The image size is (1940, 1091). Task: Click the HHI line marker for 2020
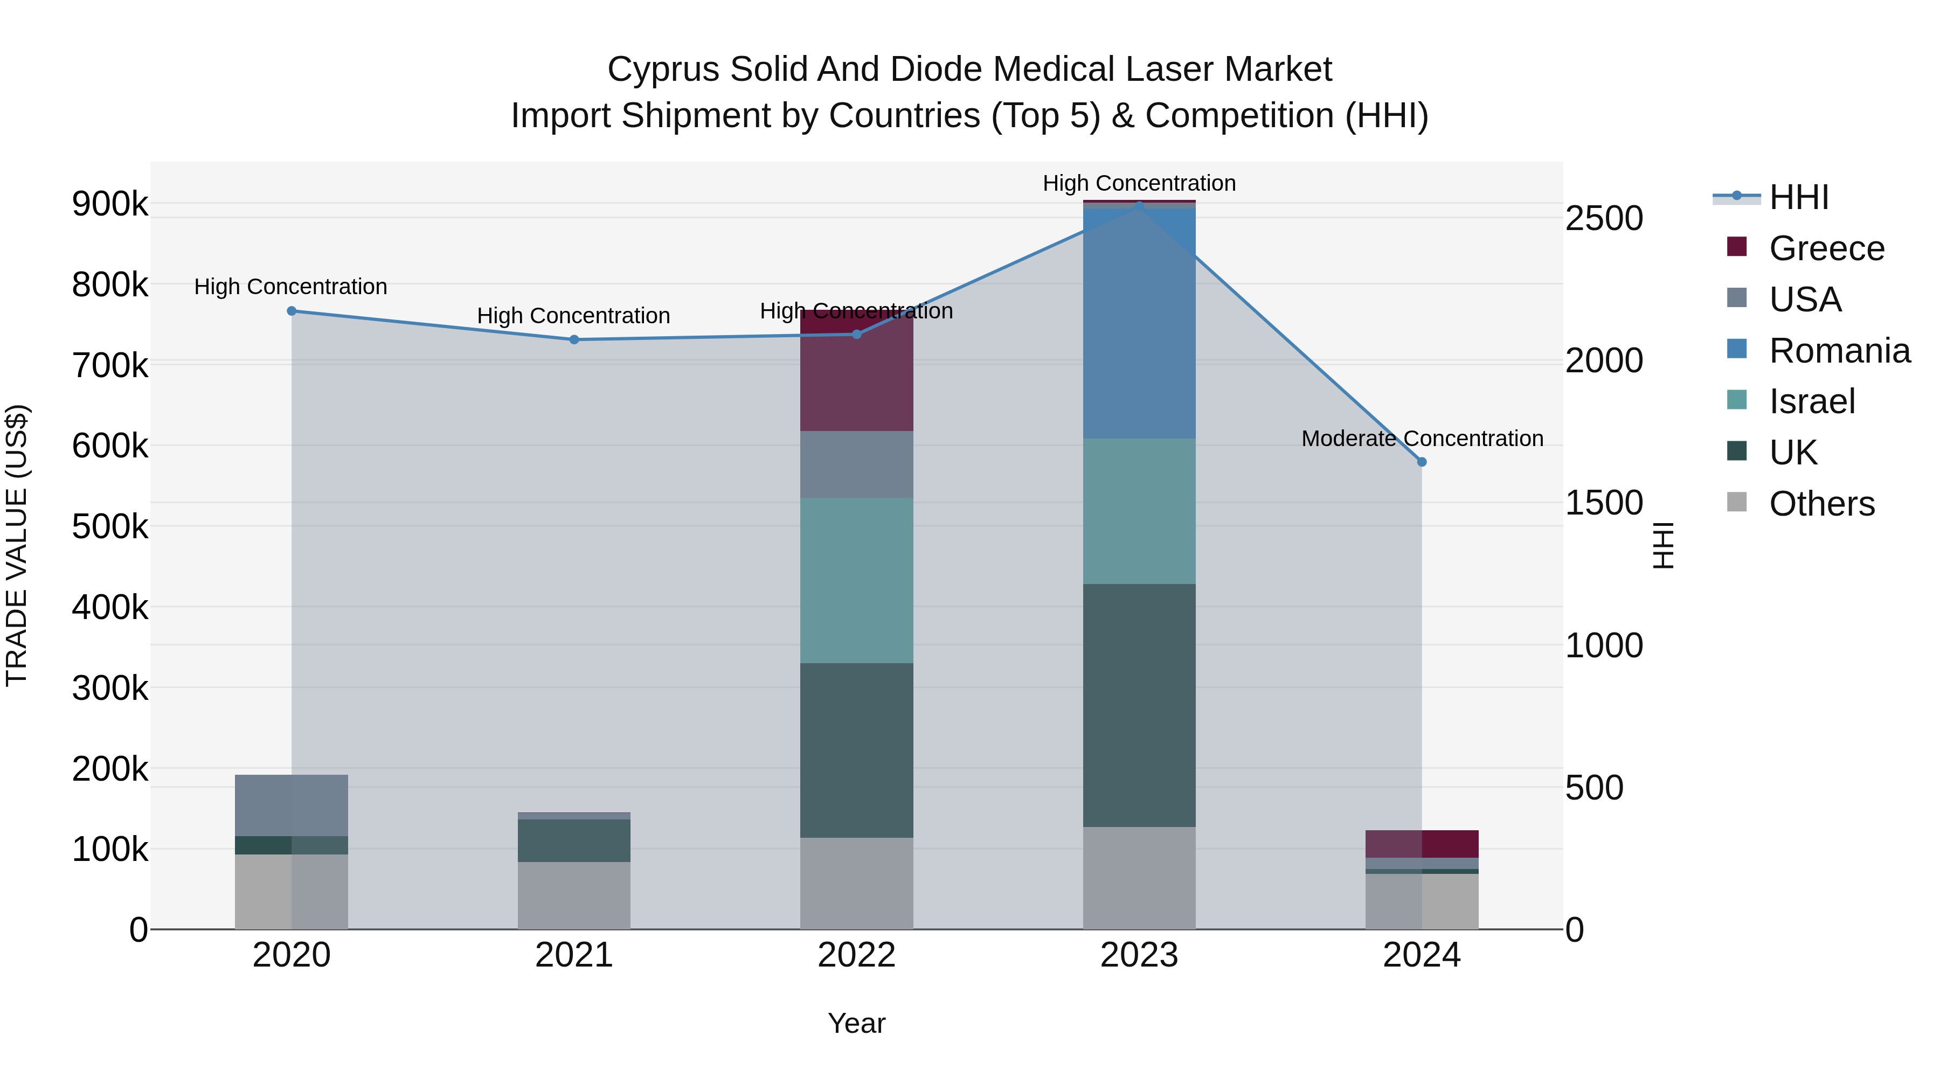(x=292, y=311)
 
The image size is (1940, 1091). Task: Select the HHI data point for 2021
(x=574, y=339)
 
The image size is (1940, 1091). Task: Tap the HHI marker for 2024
(x=1422, y=462)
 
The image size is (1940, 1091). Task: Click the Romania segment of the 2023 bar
(x=1139, y=324)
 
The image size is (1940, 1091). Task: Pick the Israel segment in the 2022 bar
(x=856, y=580)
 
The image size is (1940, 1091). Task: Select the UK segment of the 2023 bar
(x=1139, y=705)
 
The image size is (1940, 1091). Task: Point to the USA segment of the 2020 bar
(x=292, y=805)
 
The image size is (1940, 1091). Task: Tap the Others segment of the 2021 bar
(x=574, y=895)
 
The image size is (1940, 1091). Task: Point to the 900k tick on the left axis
(x=110, y=204)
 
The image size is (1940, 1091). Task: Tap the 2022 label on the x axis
(x=856, y=955)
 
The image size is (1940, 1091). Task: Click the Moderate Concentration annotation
(x=1422, y=438)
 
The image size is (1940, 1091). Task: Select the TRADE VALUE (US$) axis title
(x=17, y=545)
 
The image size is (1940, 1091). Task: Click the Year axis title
(x=856, y=1023)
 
